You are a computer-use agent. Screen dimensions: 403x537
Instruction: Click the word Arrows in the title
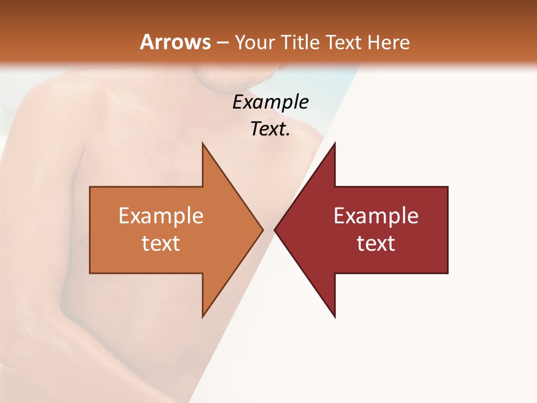175,42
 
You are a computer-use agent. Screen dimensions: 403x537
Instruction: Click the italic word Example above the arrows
271,102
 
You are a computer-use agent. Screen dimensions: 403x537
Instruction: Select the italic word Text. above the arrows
271,129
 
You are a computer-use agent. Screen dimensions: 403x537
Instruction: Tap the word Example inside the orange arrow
161,215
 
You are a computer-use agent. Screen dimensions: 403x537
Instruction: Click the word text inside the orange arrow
161,243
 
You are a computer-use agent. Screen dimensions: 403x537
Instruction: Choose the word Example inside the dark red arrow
376,215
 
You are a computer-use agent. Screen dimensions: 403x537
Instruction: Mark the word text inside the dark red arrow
376,243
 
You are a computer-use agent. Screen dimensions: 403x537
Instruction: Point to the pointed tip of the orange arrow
262,229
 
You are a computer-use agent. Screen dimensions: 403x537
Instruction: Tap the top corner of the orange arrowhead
203,144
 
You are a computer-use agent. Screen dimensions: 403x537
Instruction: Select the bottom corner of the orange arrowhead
203,316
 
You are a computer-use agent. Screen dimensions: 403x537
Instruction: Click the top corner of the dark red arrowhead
335,144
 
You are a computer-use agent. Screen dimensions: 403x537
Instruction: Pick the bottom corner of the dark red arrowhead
335,316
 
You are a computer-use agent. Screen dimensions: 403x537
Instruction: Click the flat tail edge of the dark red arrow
447,229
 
